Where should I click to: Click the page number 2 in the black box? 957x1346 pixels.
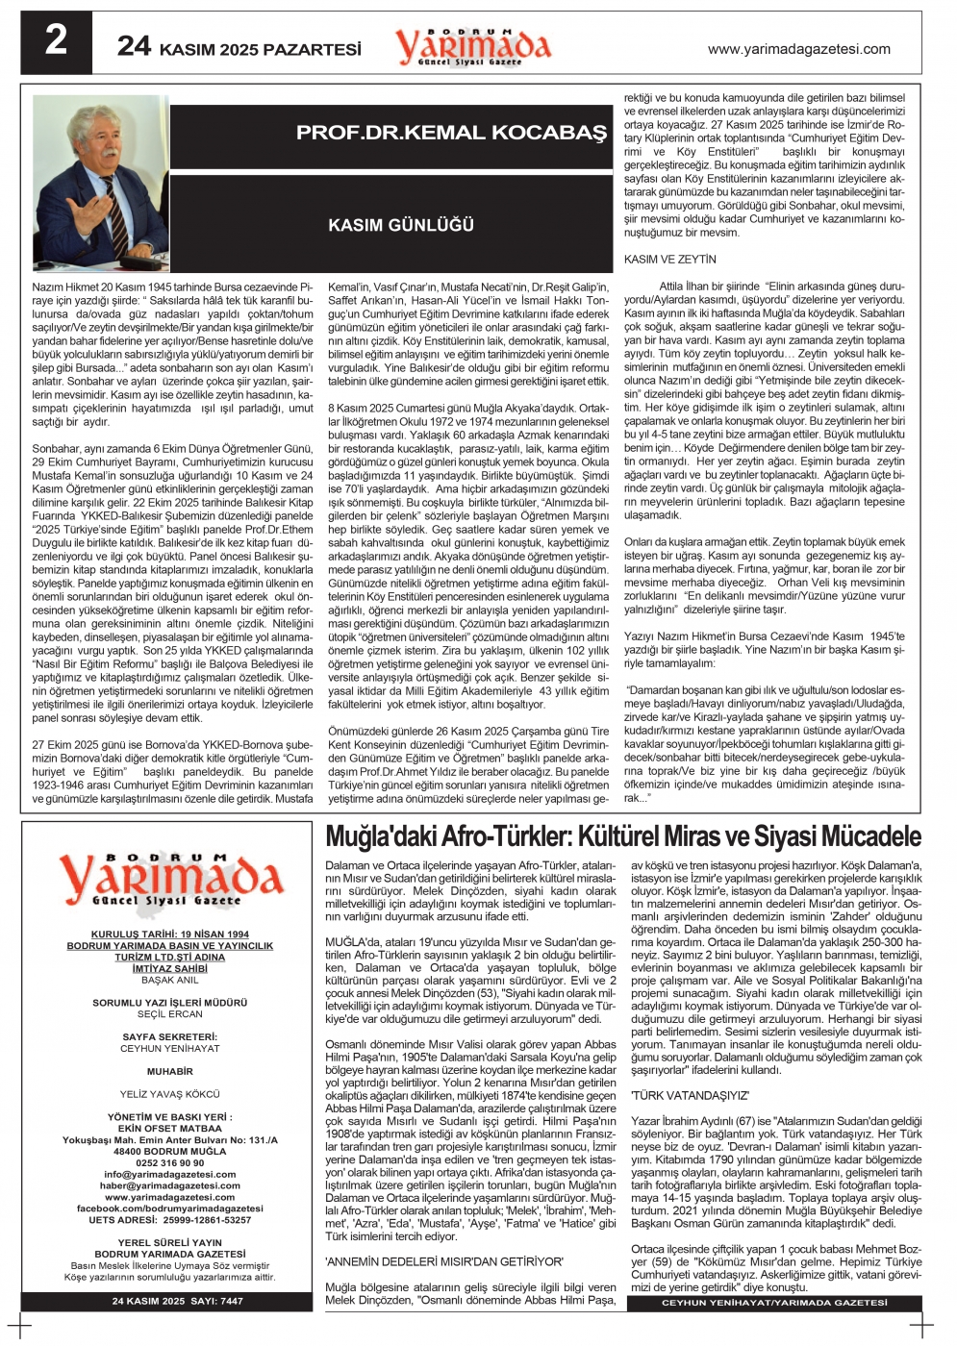pyautogui.click(x=57, y=41)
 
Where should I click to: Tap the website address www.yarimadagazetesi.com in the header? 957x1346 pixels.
pyautogui.click(x=798, y=49)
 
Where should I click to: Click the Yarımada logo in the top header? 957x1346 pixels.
pyautogui.click(x=472, y=46)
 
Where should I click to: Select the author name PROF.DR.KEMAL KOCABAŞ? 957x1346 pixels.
pyautogui.click(x=451, y=133)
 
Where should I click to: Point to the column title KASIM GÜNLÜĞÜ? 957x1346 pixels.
pyautogui.click(x=401, y=225)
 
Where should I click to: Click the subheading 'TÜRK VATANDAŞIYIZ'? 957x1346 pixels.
pyautogui.click(x=690, y=1095)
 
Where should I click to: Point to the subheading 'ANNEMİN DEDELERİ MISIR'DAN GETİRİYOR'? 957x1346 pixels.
pyautogui.click(x=443, y=1261)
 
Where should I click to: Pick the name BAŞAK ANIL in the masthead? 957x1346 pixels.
pyautogui.click(x=169, y=980)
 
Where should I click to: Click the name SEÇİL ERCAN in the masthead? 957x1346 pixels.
pyautogui.click(x=169, y=1014)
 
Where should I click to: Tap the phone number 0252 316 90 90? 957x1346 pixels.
pyautogui.click(x=169, y=1162)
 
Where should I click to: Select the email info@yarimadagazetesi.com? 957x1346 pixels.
pyautogui.click(x=169, y=1174)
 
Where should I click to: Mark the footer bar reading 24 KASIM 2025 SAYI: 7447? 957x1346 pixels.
pyautogui.click(x=177, y=1301)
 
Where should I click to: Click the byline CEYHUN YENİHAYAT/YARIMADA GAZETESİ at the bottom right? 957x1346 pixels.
pyautogui.click(x=774, y=1303)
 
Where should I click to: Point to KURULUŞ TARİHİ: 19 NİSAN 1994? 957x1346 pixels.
pyautogui.click(x=169, y=934)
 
